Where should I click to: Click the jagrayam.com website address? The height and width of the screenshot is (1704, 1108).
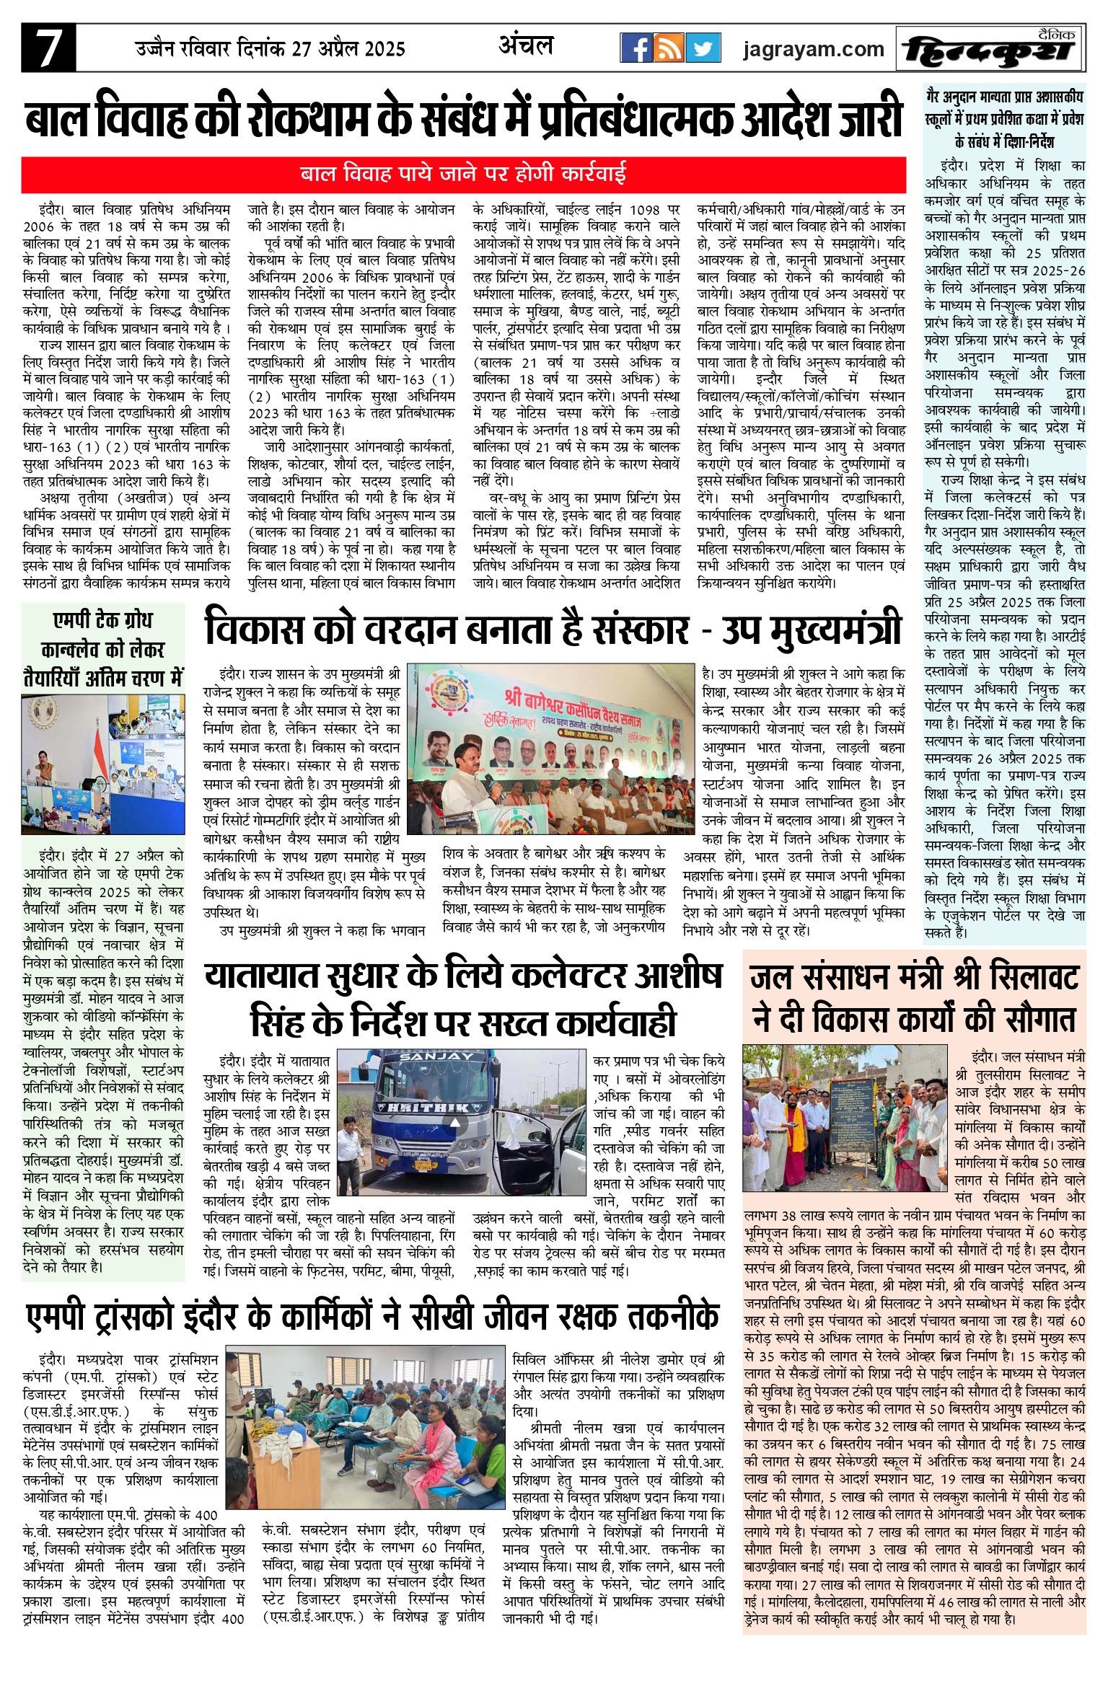(813, 49)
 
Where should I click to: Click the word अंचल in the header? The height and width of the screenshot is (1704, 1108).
(526, 46)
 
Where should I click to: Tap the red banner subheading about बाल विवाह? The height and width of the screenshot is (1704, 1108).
(463, 175)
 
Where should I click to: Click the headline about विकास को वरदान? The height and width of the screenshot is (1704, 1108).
(553, 629)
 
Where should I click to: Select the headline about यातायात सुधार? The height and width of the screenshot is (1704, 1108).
(463, 999)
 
